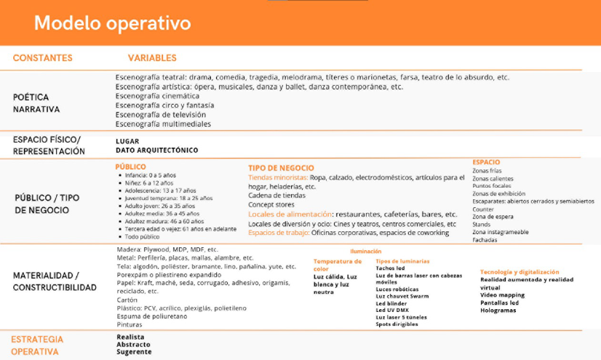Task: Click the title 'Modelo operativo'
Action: pos(112,23)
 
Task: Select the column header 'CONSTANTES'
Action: pos(43,58)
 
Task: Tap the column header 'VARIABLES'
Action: pos(152,58)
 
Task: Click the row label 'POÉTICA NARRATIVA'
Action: pos(36,103)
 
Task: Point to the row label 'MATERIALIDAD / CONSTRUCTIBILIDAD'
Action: pos(55,281)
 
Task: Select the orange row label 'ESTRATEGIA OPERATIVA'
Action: pos(37,345)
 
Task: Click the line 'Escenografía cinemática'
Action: pos(157,96)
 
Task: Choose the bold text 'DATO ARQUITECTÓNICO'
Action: pos(156,151)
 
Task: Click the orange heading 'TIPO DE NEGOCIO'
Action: pos(281,168)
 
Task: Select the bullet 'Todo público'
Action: pos(143,237)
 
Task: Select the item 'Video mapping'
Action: pos(503,295)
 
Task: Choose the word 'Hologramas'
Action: pos(498,311)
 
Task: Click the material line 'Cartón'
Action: pos(127,300)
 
